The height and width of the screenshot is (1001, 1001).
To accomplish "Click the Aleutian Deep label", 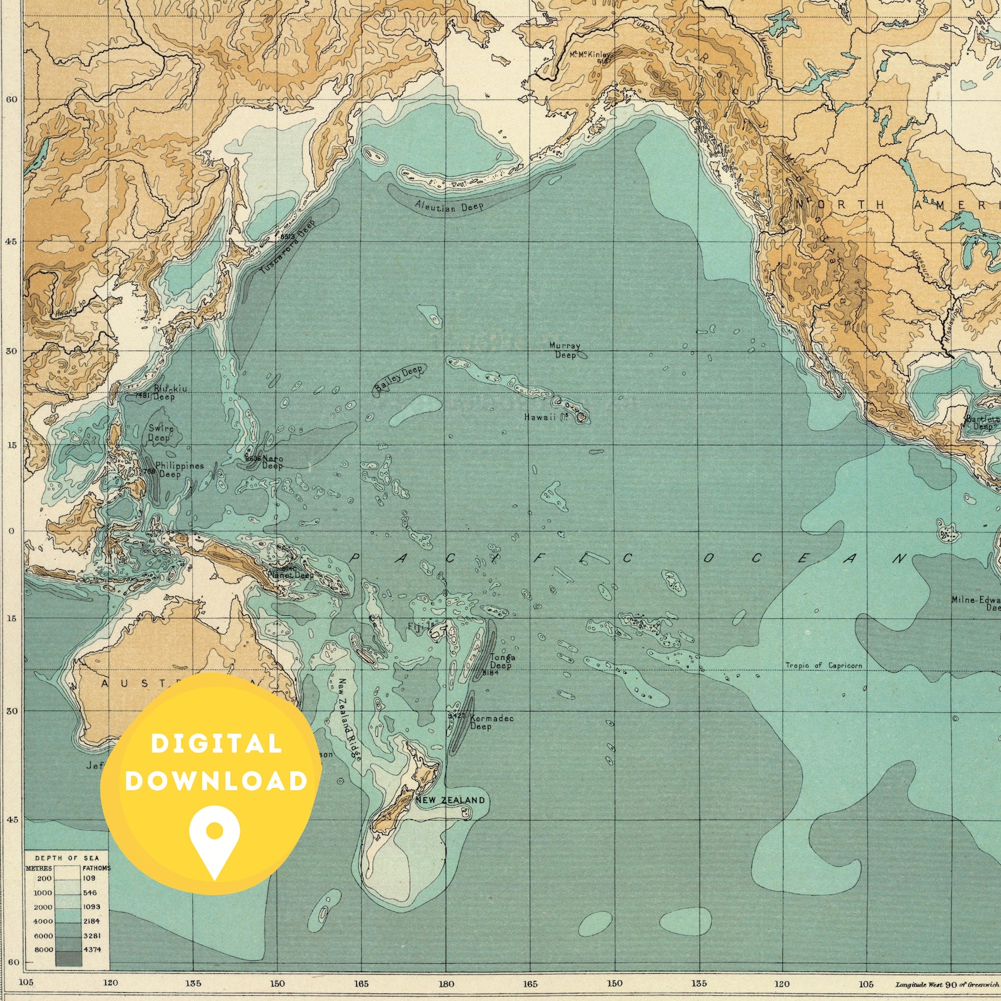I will [449, 206].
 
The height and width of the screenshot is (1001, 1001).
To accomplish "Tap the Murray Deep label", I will [564, 350].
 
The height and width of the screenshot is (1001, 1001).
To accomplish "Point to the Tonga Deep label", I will [502, 662].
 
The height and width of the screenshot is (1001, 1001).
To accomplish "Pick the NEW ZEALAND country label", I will [450, 801].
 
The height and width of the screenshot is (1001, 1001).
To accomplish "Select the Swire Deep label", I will [159, 433].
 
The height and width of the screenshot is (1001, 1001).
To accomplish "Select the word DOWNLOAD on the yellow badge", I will [216, 781].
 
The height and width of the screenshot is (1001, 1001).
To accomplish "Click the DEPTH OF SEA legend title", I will [67, 858].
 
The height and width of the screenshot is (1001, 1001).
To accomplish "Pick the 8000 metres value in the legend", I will [43, 949].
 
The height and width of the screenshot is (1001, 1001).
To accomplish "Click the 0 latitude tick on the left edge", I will [11, 531].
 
